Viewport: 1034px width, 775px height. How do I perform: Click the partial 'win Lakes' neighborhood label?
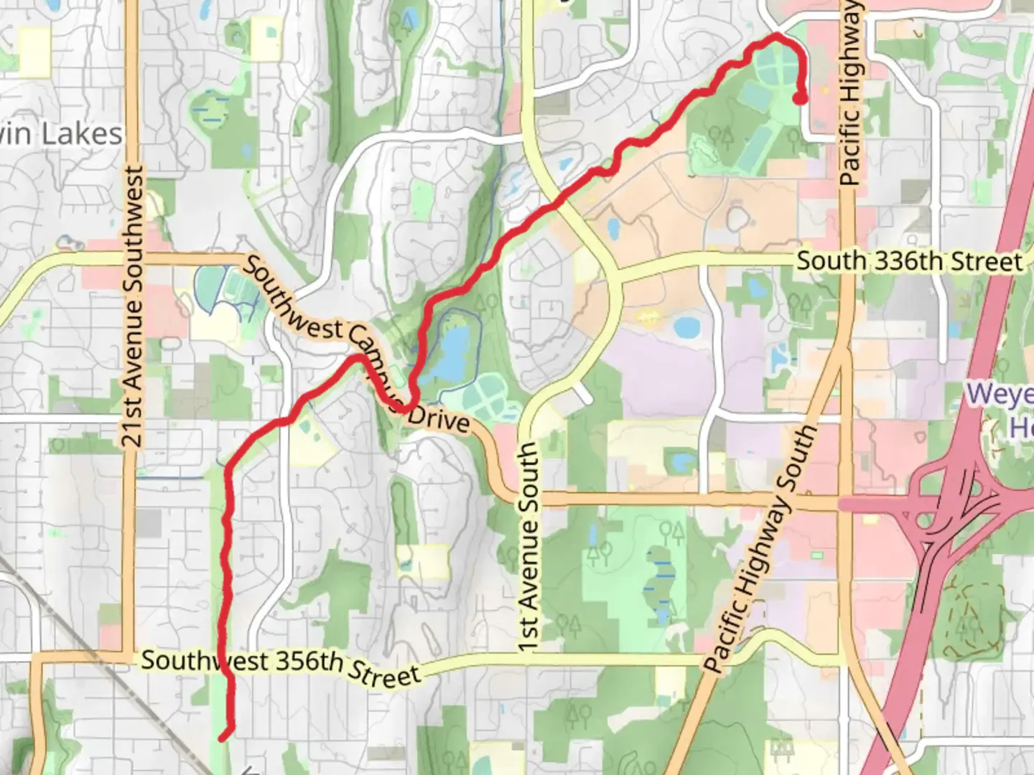[61, 134]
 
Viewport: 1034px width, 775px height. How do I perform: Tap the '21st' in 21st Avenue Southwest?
[133, 425]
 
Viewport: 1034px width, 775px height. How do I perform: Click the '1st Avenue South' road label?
[528, 547]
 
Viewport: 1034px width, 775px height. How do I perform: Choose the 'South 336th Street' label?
[909, 261]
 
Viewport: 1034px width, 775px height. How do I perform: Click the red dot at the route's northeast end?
[800, 99]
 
